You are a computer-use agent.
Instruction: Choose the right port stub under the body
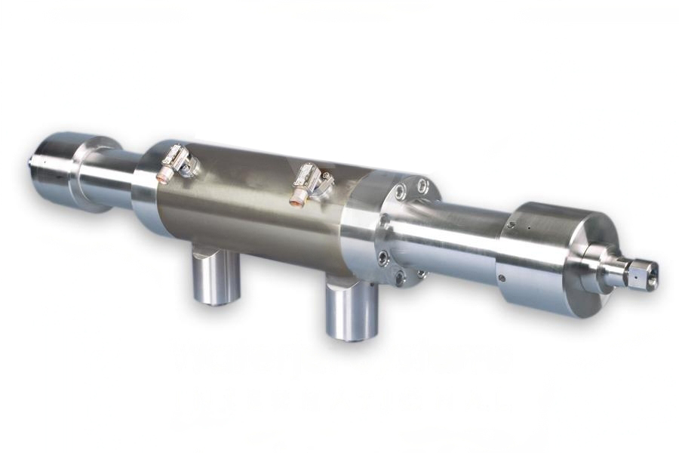(x=351, y=310)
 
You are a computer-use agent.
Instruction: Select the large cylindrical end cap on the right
(x=539, y=257)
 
